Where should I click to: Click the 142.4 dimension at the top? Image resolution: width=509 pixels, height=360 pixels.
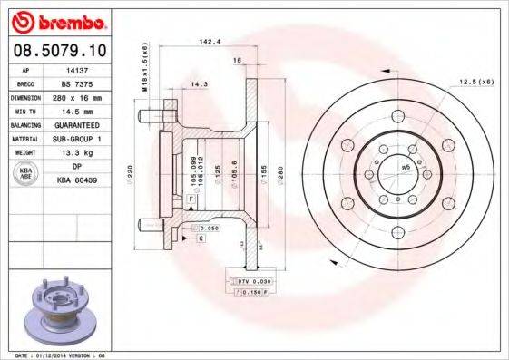[210, 41]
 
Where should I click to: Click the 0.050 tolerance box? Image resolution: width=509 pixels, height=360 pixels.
[207, 229]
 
